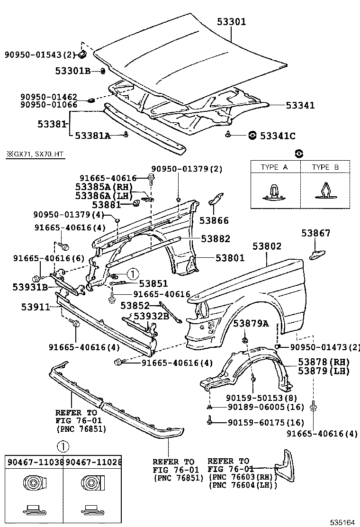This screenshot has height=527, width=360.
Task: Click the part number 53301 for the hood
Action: [x=232, y=22]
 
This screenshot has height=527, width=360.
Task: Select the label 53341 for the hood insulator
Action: [x=300, y=106]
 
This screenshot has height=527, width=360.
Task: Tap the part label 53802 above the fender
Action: [x=267, y=246]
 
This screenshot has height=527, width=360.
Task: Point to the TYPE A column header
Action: [x=274, y=167]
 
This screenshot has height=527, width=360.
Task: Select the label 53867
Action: [x=316, y=233]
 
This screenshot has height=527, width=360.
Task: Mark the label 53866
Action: [x=214, y=220]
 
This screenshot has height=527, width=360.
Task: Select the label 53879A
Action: [x=251, y=323]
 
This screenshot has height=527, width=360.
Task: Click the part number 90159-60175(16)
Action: [x=265, y=422]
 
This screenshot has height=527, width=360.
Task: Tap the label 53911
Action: [x=35, y=307]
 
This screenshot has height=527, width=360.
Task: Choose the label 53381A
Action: [x=92, y=136]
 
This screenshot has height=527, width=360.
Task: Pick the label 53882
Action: [x=216, y=239]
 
